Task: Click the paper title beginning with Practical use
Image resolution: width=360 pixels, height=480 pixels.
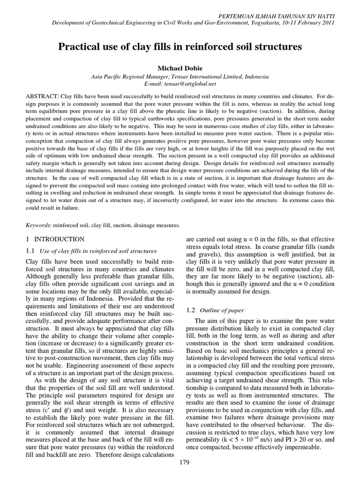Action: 180,47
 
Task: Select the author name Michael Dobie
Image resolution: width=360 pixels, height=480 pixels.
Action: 180,68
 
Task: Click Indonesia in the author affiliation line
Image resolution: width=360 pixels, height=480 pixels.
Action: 256,76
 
